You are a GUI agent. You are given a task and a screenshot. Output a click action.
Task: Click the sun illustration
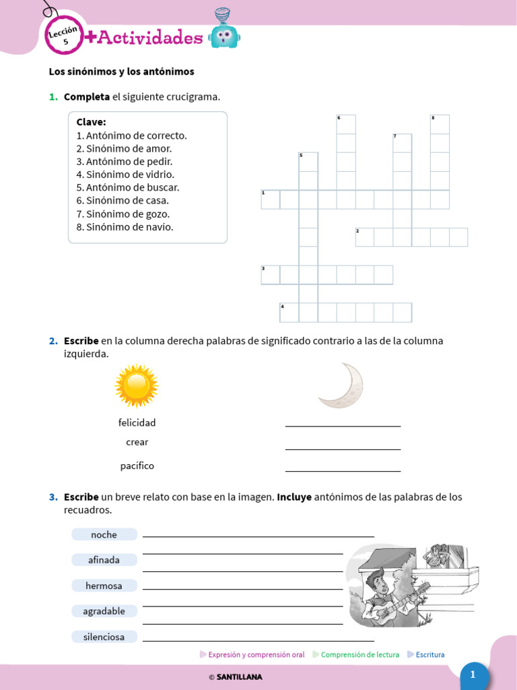point(136,386)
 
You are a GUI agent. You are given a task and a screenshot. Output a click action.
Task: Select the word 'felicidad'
point(137,422)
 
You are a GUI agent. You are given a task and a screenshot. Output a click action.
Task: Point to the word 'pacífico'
point(137,466)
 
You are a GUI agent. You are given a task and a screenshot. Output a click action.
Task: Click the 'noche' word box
point(104,534)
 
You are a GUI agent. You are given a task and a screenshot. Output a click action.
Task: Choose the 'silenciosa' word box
point(104,637)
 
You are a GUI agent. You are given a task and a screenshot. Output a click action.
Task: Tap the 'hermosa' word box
point(104,586)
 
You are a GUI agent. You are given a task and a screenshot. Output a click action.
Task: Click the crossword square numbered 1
point(271,200)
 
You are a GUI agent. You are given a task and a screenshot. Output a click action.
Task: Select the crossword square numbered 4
point(289,313)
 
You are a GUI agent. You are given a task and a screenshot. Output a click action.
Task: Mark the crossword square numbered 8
point(440,125)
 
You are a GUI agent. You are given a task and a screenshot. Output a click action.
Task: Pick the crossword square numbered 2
point(365,237)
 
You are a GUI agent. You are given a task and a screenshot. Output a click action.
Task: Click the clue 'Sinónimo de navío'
point(125,227)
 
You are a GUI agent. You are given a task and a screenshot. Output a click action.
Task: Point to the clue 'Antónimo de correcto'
point(131,135)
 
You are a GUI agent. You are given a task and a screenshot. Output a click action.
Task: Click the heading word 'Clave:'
point(91,122)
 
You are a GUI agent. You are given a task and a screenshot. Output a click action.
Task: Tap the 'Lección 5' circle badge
point(65,36)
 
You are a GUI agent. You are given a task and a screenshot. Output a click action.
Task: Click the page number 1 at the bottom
point(473,675)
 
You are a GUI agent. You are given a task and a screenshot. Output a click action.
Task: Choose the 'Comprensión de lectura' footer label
point(359,654)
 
